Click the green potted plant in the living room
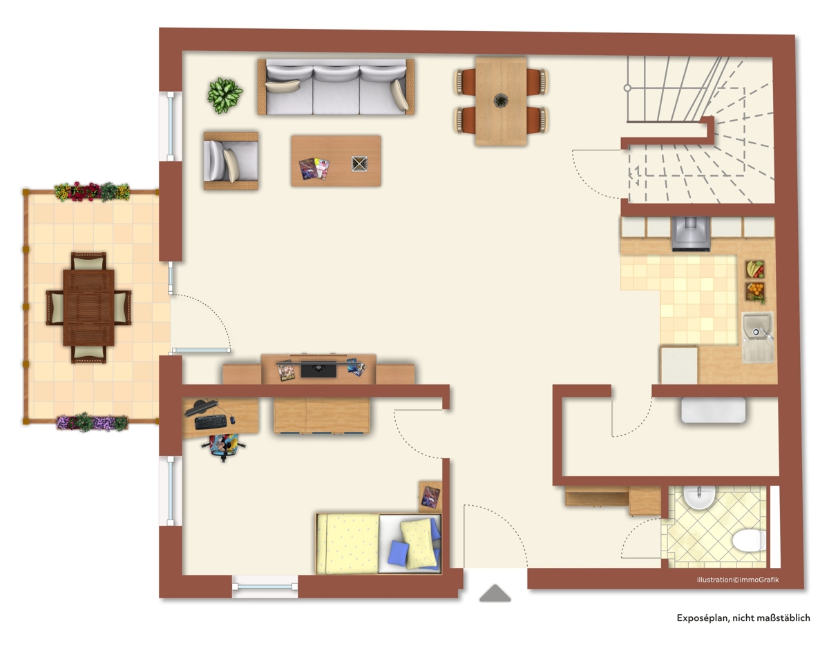click(x=225, y=95)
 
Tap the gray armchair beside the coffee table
click(x=231, y=161)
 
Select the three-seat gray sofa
click(x=336, y=87)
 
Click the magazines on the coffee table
click(x=314, y=169)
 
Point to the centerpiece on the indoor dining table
click(x=501, y=100)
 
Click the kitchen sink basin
click(x=757, y=337)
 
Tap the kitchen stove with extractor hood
click(x=691, y=234)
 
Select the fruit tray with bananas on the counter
click(x=755, y=269)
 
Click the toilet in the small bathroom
click(x=749, y=540)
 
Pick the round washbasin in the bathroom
click(x=699, y=498)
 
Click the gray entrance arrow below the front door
click(x=495, y=593)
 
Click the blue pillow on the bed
click(x=398, y=553)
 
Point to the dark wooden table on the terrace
click(x=88, y=308)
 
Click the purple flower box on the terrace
click(x=92, y=422)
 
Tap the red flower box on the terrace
click(x=92, y=192)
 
